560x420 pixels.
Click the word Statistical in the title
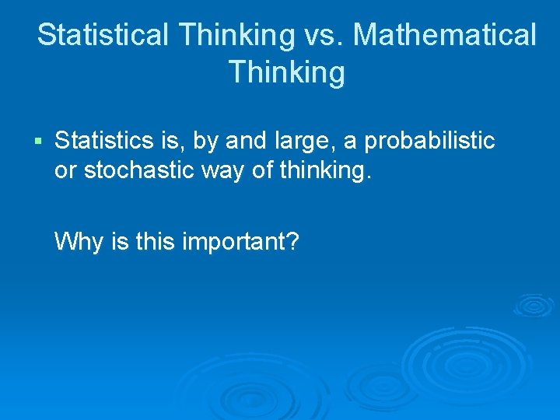pyautogui.click(x=103, y=35)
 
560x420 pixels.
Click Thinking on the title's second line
pyautogui.click(x=286, y=72)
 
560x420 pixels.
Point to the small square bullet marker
pyautogui.click(x=40, y=142)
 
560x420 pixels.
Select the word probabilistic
pyautogui.click(x=429, y=141)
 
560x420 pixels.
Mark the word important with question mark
pyautogui.click(x=240, y=241)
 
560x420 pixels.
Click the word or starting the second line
pyautogui.click(x=65, y=170)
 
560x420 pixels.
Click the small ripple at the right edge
pyautogui.click(x=534, y=305)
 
